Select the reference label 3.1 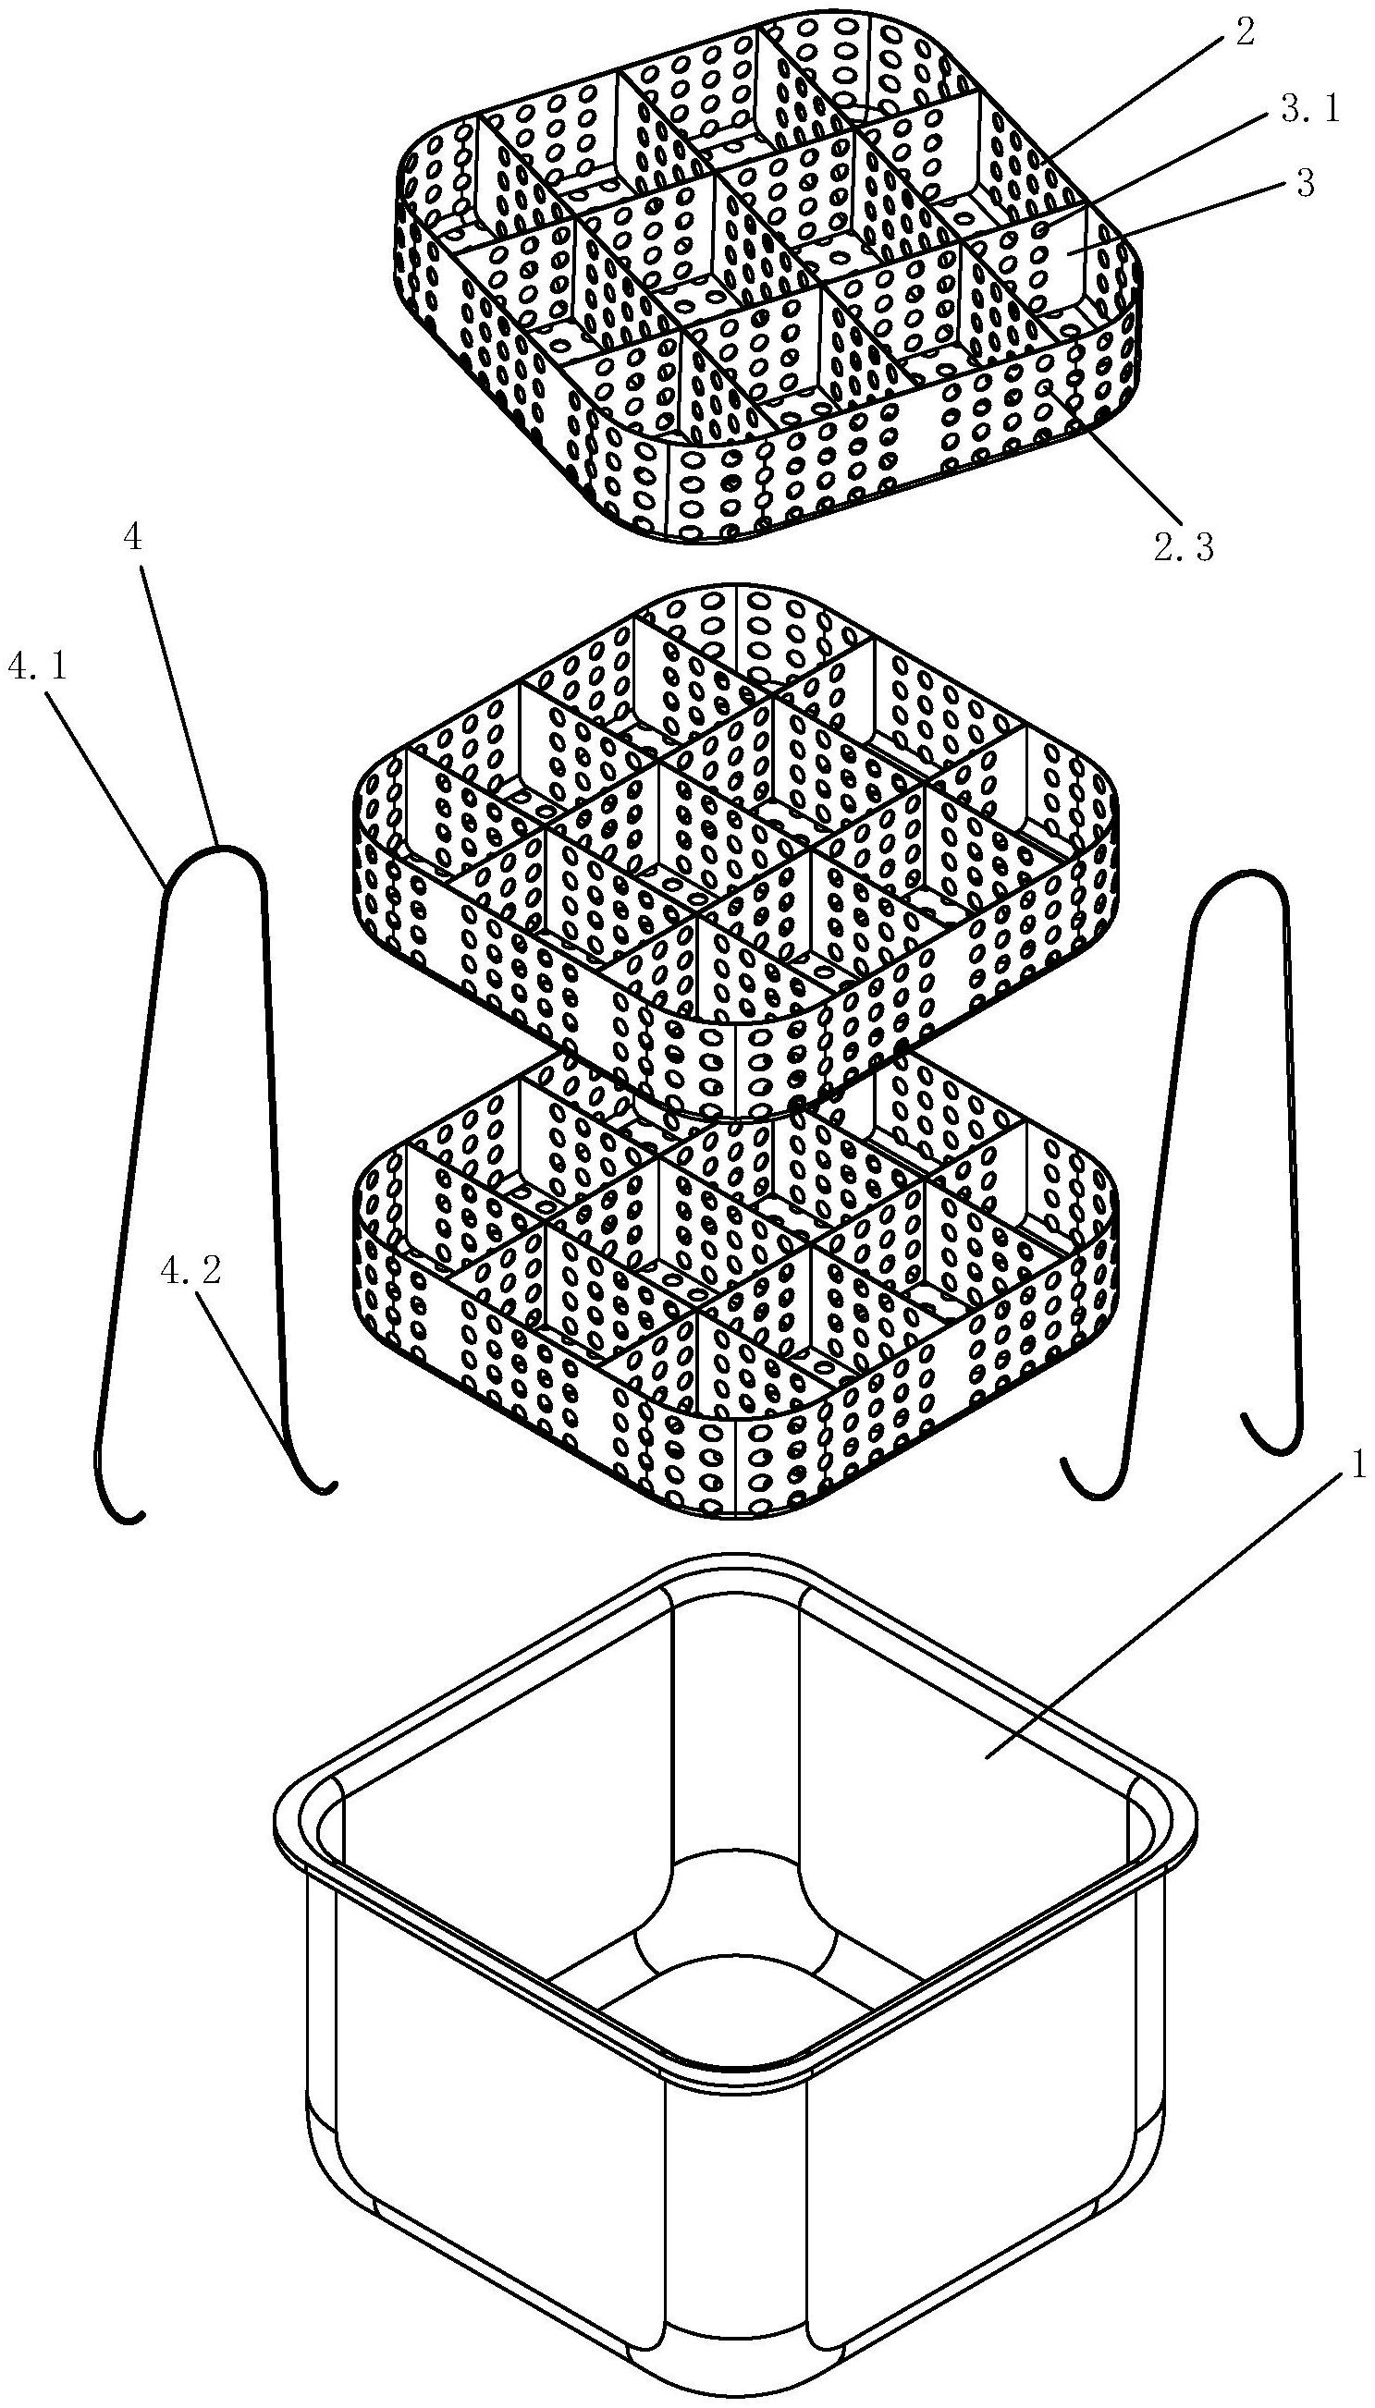(1310, 110)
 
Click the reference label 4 (133, 538)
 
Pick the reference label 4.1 (37, 667)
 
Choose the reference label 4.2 (190, 1270)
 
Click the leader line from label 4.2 (251, 1369)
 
